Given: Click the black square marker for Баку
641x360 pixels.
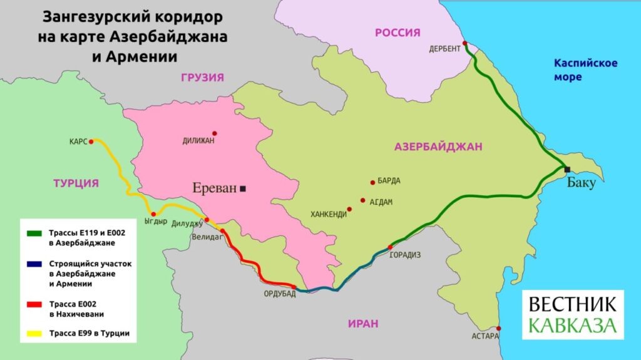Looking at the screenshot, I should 567,170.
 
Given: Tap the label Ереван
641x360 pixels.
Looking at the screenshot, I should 215,188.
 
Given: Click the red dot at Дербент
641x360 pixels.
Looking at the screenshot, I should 464,44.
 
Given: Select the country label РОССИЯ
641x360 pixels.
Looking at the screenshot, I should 397,33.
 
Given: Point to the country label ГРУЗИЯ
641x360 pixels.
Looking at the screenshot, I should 202,77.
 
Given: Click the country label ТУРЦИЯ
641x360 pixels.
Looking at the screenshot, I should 76,183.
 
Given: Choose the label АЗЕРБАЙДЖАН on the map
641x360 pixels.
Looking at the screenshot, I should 438,147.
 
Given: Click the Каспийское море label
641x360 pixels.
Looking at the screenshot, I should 585,69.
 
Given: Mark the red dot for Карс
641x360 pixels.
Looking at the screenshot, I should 91,142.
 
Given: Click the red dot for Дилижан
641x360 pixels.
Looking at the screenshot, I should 215,133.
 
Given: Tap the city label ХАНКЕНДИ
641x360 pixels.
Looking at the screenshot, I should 329,214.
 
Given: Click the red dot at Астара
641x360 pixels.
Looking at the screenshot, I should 498,328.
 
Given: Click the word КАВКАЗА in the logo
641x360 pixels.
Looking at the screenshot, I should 572,326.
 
